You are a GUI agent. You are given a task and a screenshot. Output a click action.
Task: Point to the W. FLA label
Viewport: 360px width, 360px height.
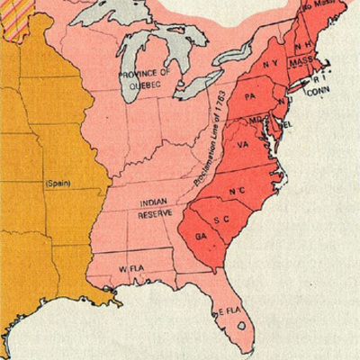point(132,269)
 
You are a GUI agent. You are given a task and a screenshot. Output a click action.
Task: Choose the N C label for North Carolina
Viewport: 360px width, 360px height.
point(238,192)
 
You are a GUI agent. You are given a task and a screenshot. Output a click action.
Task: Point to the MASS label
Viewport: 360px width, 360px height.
point(324,59)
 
